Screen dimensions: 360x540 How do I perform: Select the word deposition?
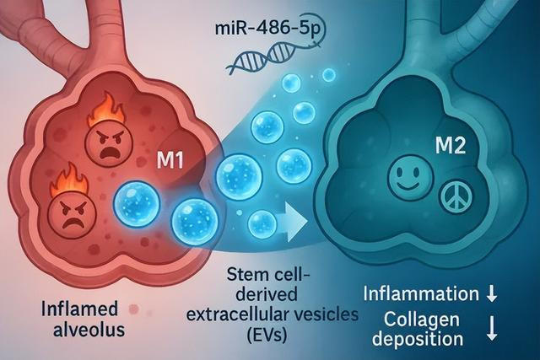(x=422, y=341)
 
